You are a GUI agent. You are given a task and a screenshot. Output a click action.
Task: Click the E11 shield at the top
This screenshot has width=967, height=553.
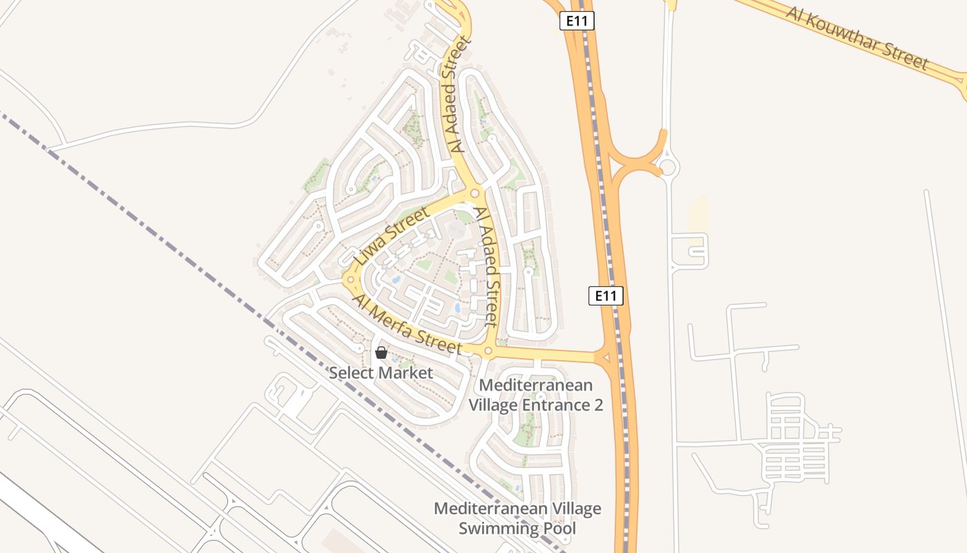coord(577,21)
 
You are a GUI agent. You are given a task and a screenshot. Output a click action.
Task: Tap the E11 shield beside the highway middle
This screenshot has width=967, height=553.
coord(606,296)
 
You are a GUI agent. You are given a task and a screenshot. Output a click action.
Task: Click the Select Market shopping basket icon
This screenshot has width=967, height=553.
coord(381,353)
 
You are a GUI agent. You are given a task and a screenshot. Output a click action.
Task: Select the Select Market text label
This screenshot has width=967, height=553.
coord(381,373)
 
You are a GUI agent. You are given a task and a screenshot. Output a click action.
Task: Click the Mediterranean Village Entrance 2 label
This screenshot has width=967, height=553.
coord(535,395)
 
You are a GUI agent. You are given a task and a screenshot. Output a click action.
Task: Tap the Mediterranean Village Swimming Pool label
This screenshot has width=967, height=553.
coord(517,519)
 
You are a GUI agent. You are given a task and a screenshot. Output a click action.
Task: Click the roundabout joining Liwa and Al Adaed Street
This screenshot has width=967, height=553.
coord(475,193)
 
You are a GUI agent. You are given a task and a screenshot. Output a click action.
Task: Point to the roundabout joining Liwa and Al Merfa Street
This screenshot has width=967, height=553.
coord(350,280)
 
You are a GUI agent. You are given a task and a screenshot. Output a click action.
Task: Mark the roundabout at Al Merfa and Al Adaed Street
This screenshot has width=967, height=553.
coord(488,351)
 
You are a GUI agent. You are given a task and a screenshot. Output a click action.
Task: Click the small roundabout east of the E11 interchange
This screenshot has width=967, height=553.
coord(668,167)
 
